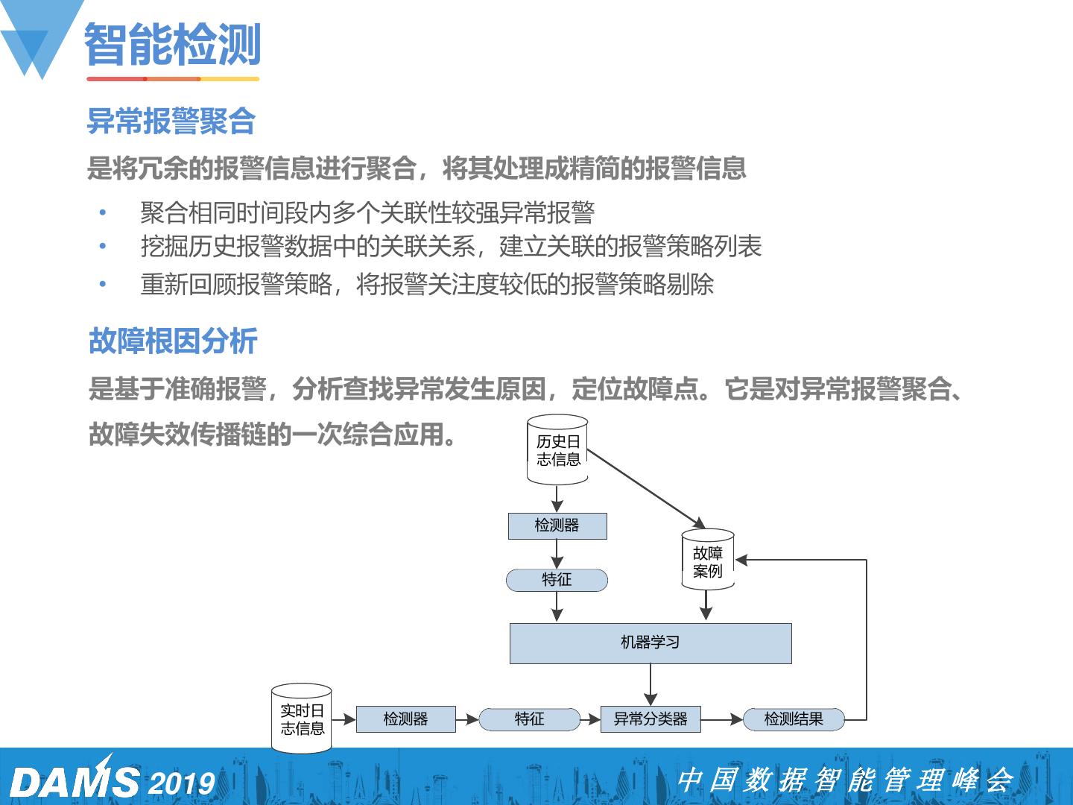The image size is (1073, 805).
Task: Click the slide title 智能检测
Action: coord(173,45)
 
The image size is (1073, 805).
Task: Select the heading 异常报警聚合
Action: coord(171,121)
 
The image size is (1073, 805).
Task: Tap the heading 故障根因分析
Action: coord(173,341)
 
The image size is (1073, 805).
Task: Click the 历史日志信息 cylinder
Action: coord(557,450)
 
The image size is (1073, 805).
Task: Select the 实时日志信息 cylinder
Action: coord(302,719)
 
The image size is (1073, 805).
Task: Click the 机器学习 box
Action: coord(650,643)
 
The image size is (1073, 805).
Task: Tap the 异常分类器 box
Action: coord(650,719)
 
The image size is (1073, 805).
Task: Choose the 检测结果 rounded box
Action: coord(794,719)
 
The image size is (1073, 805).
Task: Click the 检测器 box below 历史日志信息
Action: coord(557,525)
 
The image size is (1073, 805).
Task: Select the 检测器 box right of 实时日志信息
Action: coord(405,719)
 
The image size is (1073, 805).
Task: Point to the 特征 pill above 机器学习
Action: coord(557,580)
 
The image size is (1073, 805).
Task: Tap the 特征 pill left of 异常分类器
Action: coord(529,719)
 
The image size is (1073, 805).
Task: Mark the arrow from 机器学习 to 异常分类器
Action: coord(651,684)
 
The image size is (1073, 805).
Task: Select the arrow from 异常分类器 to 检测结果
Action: coord(722,719)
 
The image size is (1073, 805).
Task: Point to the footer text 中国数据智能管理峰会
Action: coord(845,780)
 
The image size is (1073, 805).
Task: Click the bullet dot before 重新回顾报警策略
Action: coord(103,284)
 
